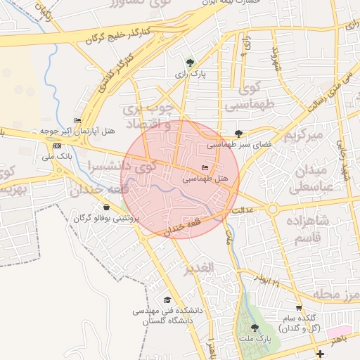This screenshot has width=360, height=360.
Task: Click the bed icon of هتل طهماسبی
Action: pos(205,168)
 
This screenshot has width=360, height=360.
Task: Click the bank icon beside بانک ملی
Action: pos(57,146)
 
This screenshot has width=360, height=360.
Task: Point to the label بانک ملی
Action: pos(57,156)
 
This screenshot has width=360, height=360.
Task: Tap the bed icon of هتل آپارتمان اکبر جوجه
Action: pos(77,120)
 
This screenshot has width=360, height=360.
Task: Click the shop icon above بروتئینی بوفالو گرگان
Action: pos(106,207)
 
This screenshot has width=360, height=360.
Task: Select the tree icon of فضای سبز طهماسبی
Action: pos(239,133)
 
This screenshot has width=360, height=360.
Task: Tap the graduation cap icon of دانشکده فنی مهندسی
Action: pos(167,300)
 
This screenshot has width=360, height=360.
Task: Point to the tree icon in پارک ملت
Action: pos(255,328)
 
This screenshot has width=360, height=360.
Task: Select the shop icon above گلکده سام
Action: pos(299,308)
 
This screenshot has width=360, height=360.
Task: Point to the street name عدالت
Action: pos(242,209)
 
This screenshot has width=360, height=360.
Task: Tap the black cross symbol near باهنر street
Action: pos(321,353)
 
